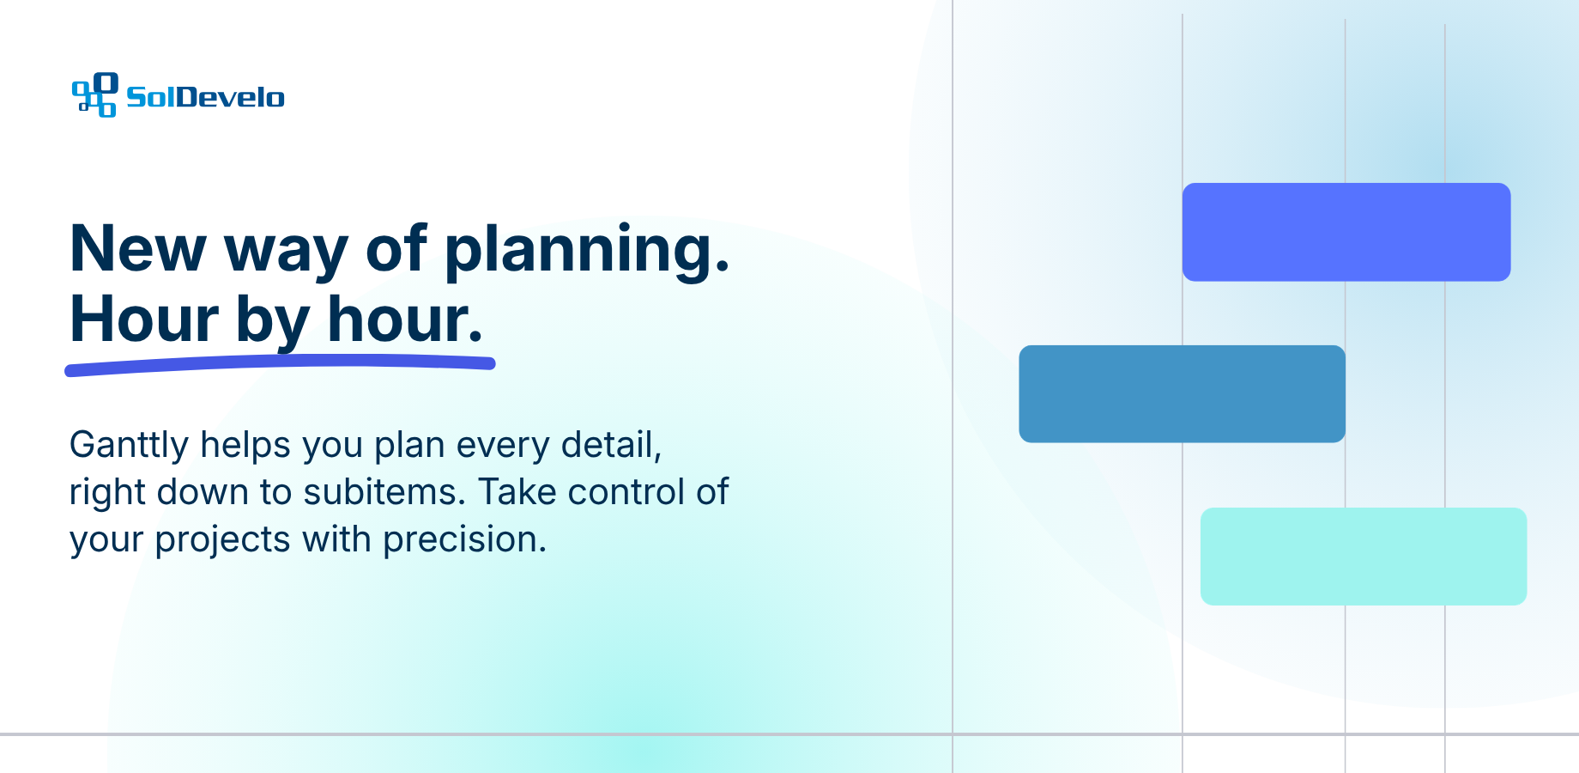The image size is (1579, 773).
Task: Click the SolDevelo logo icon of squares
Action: (94, 94)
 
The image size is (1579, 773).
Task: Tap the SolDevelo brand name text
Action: (205, 97)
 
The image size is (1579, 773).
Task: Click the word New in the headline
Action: (138, 248)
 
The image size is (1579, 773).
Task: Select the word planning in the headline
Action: (587, 251)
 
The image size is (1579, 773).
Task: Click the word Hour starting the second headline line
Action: (145, 319)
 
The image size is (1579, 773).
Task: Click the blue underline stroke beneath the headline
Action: (280, 366)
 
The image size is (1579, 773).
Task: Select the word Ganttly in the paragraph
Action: (129, 447)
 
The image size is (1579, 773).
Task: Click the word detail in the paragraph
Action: (611, 446)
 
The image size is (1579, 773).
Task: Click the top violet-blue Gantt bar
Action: (1346, 232)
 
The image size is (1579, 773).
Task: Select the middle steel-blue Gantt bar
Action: (1182, 394)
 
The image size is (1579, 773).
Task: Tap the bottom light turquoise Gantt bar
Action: (1364, 557)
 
